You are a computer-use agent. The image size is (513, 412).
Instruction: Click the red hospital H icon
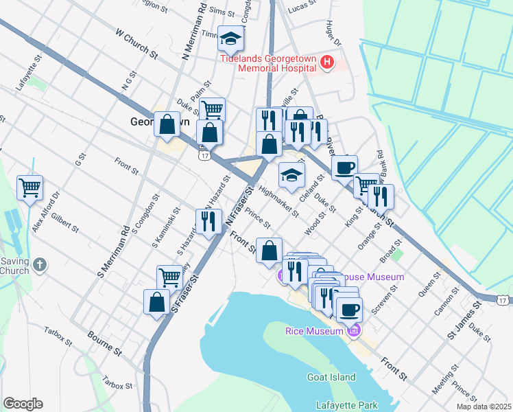click(x=326, y=62)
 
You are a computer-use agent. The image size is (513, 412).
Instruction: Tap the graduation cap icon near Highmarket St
click(x=291, y=175)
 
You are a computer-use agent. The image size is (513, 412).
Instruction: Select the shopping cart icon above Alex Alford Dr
click(x=30, y=187)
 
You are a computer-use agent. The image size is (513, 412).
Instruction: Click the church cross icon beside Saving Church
click(x=40, y=264)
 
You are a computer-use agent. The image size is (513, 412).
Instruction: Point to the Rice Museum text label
click(x=313, y=332)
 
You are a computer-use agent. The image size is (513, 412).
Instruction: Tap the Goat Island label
click(x=332, y=377)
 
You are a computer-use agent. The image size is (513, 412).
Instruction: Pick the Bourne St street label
click(x=104, y=341)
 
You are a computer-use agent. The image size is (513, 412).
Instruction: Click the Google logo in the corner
click(x=23, y=404)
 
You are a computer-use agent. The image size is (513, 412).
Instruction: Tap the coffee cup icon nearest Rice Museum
click(x=349, y=310)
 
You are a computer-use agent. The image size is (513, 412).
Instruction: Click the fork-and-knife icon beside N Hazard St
click(x=208, y=221)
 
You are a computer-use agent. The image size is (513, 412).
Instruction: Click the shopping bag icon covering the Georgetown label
click(x=167, y=125)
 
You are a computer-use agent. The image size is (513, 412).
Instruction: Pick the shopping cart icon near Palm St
click(x=213, y=110)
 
